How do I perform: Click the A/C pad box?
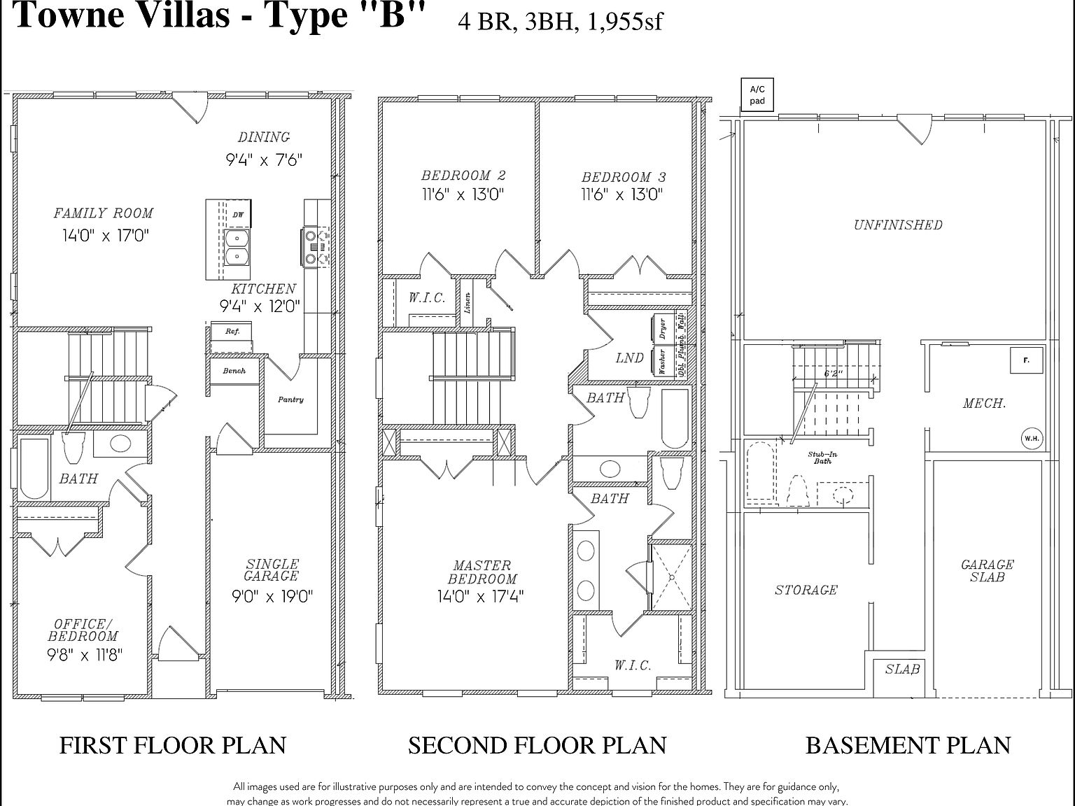click(x=757, y=95)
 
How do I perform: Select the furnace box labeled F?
click(x=1026, y=361)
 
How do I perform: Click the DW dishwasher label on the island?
click(x=239, y=215)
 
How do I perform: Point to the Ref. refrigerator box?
click(x=232, y=332)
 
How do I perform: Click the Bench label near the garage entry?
click(x=234, y=371)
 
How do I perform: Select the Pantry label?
click(x=290, y=400)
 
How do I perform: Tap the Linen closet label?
click(x=468, y=302)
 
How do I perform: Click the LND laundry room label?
click(x=629, y=358)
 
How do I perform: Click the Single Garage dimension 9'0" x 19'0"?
click(x=272, y=596)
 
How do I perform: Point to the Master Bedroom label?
click(x=482, y=572)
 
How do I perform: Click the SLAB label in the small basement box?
click(x=902, y=669)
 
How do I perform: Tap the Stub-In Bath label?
click(x=822, y=458)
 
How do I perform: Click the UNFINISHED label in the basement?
click(x=898, y=225)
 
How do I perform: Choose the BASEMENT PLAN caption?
click(x=908, y=745)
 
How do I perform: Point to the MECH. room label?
click(x=984, y=403)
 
